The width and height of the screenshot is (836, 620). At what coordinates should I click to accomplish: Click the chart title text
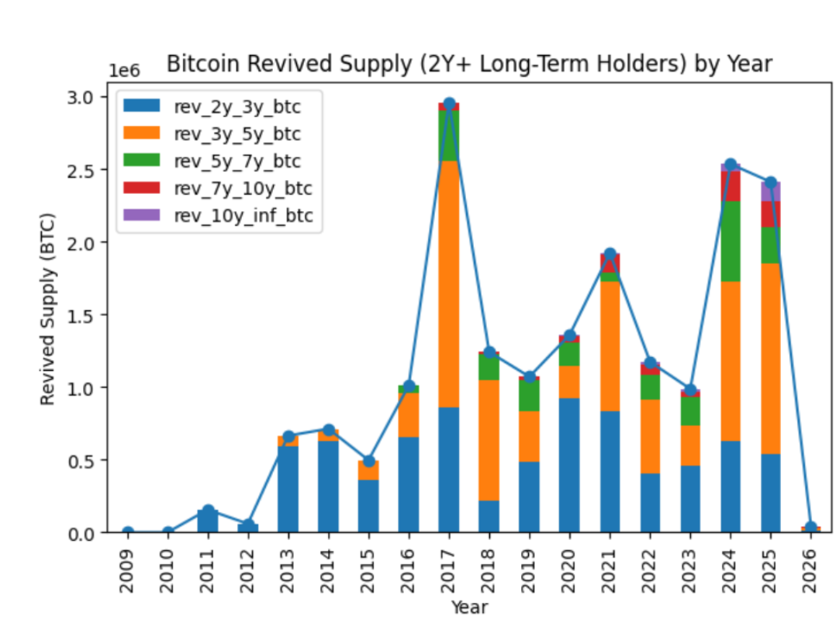point(469,64)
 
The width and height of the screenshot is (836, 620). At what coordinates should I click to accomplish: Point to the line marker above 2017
point(449,104)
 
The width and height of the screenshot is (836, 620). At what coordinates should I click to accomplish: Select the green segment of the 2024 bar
point(730,241)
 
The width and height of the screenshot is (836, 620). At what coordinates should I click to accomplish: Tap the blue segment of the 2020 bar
point(569,465)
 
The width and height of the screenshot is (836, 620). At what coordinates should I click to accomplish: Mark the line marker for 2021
point(610,255)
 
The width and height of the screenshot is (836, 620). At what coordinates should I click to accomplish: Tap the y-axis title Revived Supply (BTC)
point(48,308)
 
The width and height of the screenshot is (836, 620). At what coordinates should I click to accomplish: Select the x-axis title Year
point(470,606)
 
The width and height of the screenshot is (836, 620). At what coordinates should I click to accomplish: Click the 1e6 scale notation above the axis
point(124,71)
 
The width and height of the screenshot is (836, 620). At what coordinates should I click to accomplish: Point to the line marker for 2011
point(208,511)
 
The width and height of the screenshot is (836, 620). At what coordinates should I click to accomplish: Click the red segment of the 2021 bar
point(610,264)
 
